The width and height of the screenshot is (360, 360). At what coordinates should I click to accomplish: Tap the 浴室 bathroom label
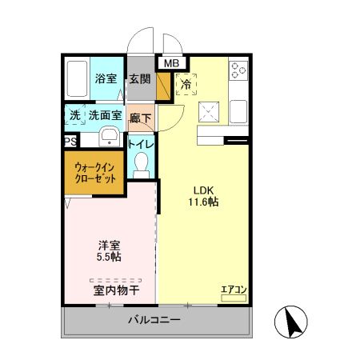pyautogui.click(x=106, y=78)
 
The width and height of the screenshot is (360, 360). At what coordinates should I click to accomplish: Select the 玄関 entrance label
pyautogui.click(x=140, y=78)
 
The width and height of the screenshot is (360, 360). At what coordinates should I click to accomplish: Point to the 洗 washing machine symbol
pyautogui.click(x=74, y=115)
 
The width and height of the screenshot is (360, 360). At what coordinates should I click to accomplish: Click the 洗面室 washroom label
pyautogui.click(x=105, y=115)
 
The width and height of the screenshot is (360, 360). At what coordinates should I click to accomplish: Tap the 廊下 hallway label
pyautogui.click(x=141, y=115)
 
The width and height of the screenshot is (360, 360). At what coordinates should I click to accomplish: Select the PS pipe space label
pyautogui.click(x=70, y=142)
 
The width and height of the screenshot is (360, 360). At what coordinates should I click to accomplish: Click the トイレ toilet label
pyautogui.click(x=142, y=144)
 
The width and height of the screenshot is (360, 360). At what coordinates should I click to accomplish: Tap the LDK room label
pyautogui.click(x=202, y=190)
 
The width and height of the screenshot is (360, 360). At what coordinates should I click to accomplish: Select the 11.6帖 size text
pyautogui.click(x=202, y=203)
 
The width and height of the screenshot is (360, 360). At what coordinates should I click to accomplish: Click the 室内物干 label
pyautogui.click(x=117, y=290)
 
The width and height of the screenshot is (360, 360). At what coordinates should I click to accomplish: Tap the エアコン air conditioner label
pyautogui.click(x=233, y=289)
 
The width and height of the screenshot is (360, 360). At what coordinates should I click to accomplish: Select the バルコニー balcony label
pyautogui.click(x=154, y=321)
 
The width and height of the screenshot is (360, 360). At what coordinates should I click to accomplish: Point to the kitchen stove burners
pyautogui.click(x=238, y=72)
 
